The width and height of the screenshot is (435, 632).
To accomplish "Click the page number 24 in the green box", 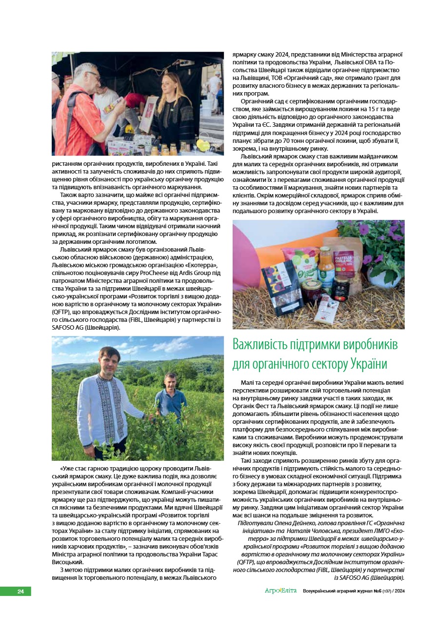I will (20, 592).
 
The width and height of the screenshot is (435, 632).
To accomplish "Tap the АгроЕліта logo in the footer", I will (280, 592).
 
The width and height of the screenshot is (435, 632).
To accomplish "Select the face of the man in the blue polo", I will (170, 382).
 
